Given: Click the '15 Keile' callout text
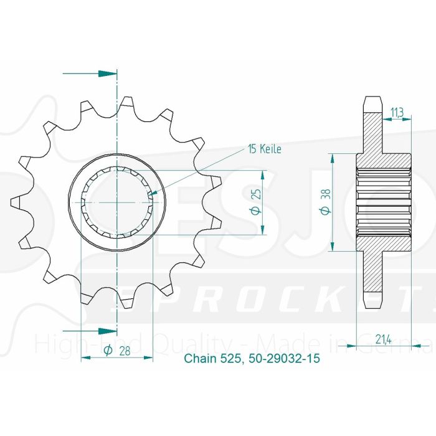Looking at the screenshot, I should tap(265, 149).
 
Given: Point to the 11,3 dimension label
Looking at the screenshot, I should tap(396, 112).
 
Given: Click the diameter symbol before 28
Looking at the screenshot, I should tap(108, 351).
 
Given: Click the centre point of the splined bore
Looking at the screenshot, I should tap(117, 202).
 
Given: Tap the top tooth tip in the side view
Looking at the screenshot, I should tap(371, 102).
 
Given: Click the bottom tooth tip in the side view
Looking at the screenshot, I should tap(371, 303).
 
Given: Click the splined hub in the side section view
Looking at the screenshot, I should tap(384, 202).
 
